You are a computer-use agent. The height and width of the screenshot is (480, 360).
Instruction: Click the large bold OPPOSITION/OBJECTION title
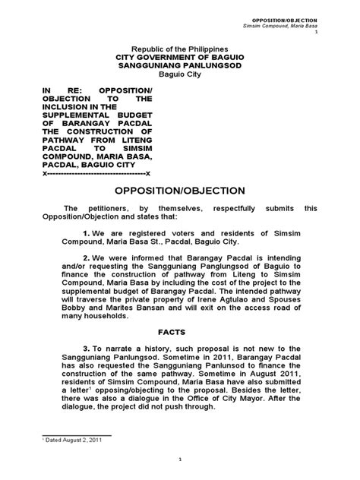click(179, 191)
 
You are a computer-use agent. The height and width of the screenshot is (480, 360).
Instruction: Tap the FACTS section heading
click(179, 332)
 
